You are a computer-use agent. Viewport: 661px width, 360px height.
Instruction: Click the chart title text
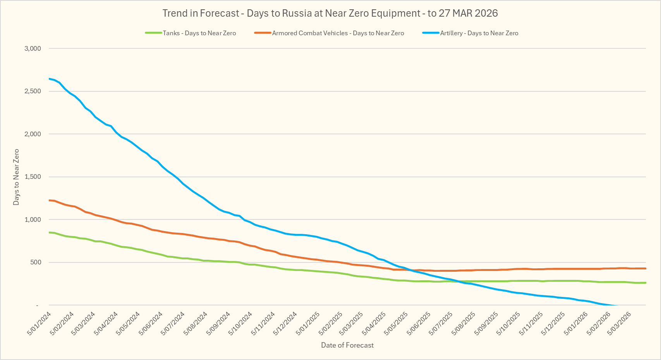330,13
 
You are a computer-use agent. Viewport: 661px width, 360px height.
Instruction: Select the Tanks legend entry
199,33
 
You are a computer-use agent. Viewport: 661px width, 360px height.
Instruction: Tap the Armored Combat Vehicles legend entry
338,33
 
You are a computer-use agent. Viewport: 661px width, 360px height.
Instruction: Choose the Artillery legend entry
479,33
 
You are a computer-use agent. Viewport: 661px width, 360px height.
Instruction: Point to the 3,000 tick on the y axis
33,48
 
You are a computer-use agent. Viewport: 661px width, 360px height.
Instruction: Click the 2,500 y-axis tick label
33,91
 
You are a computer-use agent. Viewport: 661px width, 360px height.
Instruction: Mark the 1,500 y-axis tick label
33,177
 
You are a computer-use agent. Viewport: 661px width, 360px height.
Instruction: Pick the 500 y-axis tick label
35,262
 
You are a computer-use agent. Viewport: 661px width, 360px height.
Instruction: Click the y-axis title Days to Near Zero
16,177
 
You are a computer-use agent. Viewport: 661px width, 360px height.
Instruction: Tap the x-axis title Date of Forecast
347,345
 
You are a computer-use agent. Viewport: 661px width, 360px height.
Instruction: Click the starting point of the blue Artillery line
49,79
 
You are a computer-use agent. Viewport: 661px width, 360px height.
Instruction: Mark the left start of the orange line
49,200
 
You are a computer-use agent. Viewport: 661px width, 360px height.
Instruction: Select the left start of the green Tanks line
49,232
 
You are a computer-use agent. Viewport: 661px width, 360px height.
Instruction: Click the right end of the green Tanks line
646,283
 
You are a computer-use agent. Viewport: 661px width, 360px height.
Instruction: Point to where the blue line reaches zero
616,305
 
